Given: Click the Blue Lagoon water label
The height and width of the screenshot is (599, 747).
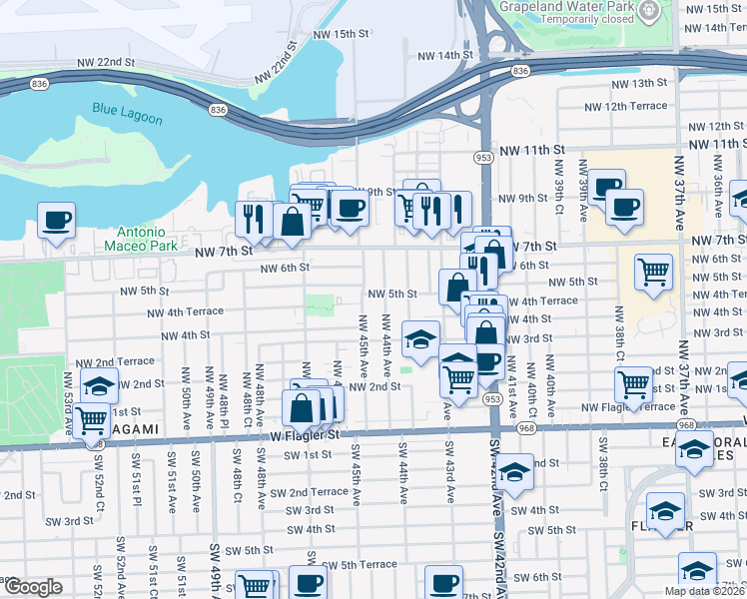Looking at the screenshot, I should [x=127, y=112].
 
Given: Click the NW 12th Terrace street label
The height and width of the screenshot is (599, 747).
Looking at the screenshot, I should [x=626, y=107].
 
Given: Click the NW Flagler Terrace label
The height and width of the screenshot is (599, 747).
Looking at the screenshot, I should [x=628, y=407].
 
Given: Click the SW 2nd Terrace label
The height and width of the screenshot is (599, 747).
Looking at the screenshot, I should [x=309, y=492].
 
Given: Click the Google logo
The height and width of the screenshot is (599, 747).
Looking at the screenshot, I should [x=33, y=587].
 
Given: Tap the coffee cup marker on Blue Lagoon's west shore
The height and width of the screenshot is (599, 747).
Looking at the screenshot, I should [x=56, y=219].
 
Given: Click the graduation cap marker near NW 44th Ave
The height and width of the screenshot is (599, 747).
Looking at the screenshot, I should [x=420, y=338].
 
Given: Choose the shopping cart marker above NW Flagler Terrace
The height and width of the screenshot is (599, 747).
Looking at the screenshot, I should [x=634, y=383].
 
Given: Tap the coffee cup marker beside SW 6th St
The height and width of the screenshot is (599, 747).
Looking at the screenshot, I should [x=443, y=581].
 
